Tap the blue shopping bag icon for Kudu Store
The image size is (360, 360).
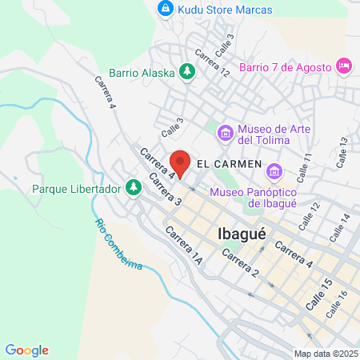(x=165, y=10)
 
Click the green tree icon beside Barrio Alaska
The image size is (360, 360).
(x=187, y=73)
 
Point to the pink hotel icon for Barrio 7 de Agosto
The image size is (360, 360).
(x=346, y=65)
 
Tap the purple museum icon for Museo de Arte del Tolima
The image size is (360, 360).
(x=226, y=131)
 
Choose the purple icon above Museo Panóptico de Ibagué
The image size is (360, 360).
(x=275, y=171)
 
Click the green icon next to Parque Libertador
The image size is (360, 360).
(x=134, y=189)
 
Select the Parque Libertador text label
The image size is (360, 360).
(x=77, y=189)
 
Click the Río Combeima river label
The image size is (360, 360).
(x=117, y=243)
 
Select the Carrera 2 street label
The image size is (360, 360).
(x=240, y=263)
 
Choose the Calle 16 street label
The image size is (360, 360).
(x=335, y=305)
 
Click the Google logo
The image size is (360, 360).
(x=26, y=350)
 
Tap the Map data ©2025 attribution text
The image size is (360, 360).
(x=325, y=354)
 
